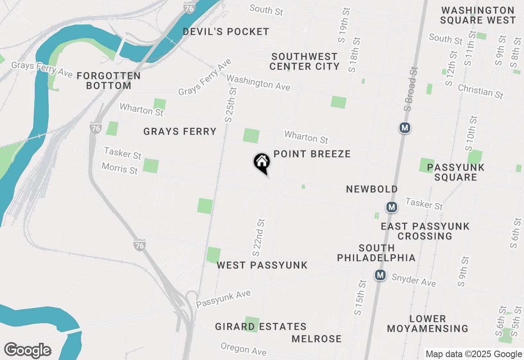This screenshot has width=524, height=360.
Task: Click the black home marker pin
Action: pos(262,162)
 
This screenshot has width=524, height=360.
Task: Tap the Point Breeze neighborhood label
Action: pos(312,154)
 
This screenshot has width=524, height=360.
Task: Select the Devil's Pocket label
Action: pos(226,32)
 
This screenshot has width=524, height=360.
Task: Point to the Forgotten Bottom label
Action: pos(108,81)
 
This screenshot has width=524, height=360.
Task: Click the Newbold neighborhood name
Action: pos(372,189)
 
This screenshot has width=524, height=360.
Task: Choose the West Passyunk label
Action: pos(262,265)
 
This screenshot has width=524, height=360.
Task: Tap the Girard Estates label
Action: pos(261,327)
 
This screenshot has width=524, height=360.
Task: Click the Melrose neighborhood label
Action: pos(316,339)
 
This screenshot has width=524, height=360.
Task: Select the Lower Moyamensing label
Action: pos(427,324)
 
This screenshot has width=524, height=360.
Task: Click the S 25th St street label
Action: pos(231,105)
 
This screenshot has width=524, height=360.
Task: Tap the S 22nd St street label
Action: pos(259,237)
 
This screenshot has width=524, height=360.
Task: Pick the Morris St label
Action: pos(120,168)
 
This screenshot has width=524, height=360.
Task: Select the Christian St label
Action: pos(480,91)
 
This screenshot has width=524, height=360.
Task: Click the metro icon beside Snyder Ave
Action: pos(381,275)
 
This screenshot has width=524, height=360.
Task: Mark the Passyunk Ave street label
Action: pos(223,299)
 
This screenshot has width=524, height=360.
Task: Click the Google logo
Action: pos(27,351)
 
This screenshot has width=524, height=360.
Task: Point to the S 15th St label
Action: pos(360,297)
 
